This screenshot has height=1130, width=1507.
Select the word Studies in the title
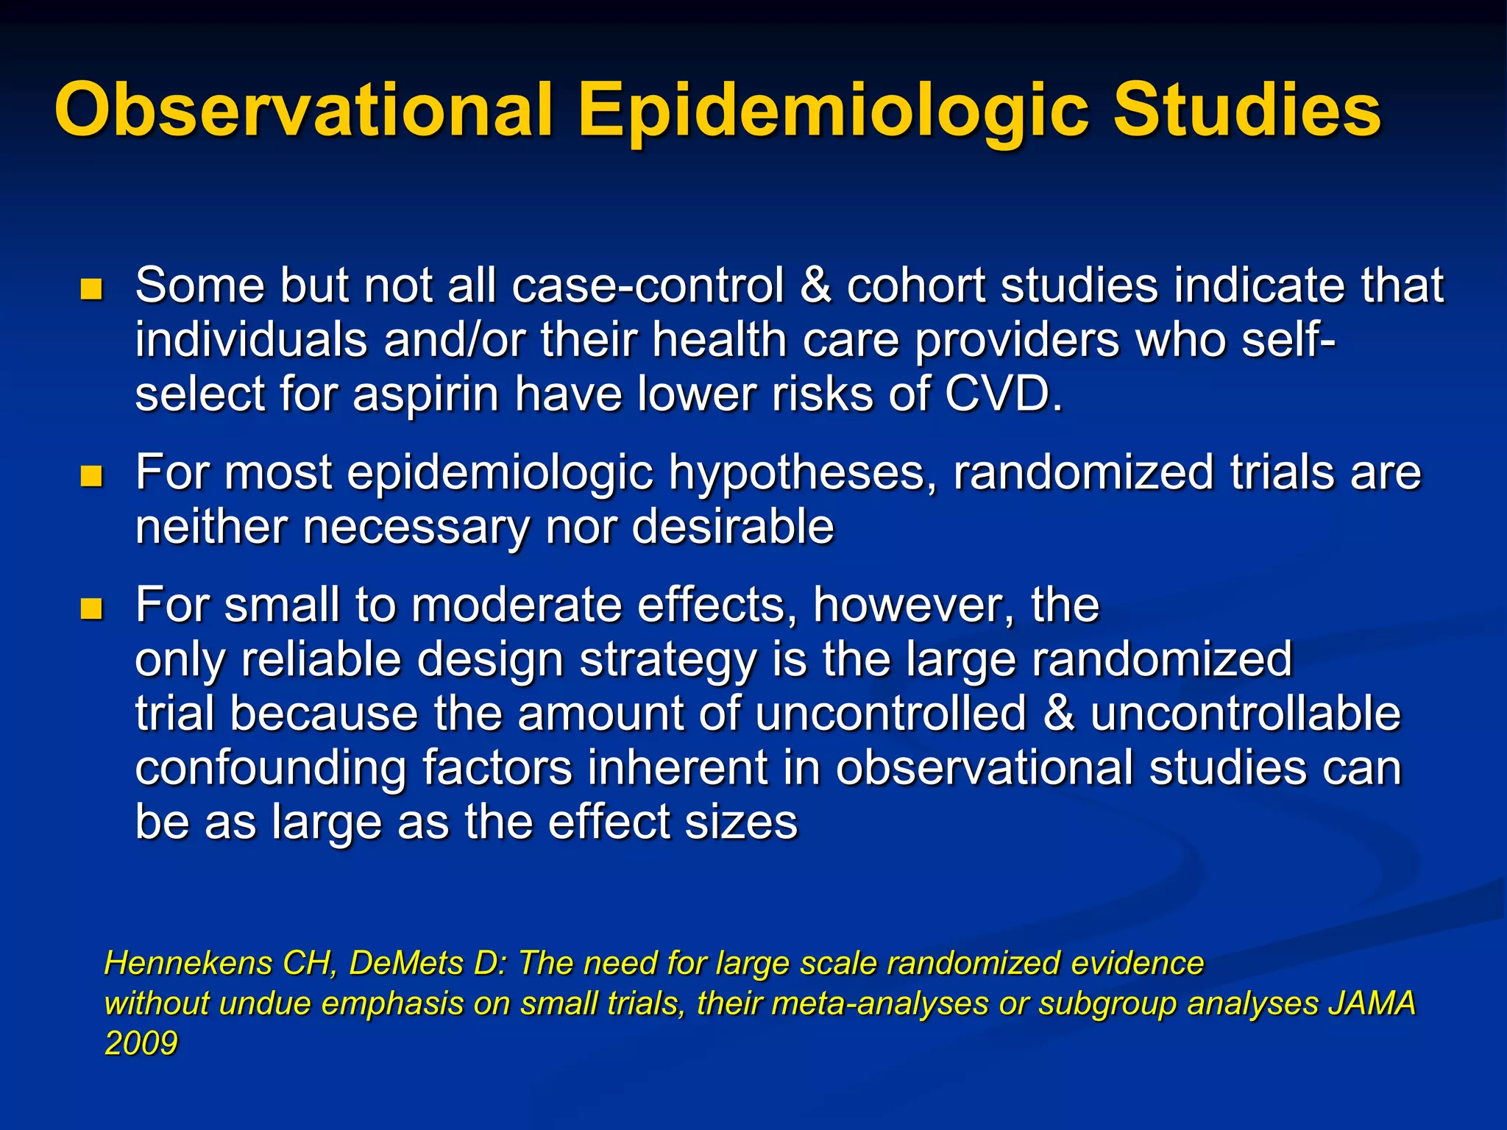pos(1247,110)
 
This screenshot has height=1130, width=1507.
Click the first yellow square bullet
pos(91,289)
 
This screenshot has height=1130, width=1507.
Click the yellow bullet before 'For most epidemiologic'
pos(91,476)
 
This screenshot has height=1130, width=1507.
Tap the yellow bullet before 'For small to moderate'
pos(91,608)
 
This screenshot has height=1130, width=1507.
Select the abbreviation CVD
pos(1002,394)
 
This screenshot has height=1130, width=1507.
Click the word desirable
pos(732,527)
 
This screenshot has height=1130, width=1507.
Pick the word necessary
pos(416,527)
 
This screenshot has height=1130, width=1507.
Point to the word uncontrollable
pos(1245,714)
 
